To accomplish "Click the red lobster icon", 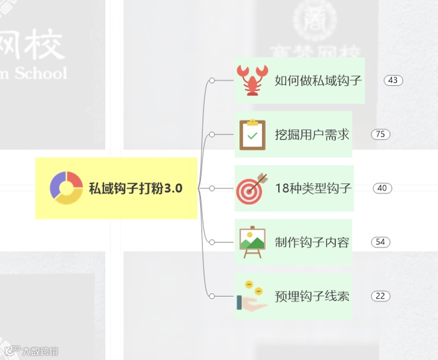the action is [x=253, y=80].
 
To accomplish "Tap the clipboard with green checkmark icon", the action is [x=252, y=134].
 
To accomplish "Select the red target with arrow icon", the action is [x=252, y=188].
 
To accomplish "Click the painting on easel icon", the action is [x=252, y=242].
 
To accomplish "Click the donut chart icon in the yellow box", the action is [x=66, y=188].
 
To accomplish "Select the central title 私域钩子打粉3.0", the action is [x=136, y=188].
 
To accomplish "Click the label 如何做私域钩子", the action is [x=318, y=80].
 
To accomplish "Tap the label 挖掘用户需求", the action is [x=312, y=134].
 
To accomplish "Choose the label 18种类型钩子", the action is [x=313, y=188].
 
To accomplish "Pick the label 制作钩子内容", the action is [x=312, y=242].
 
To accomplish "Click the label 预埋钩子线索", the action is [x=312, y=296].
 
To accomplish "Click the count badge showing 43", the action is [x=393, y=80].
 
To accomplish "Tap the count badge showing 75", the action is [x=380, y=134].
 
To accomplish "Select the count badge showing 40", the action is [x=382, y=188].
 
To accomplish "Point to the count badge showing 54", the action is [x=380, y=242].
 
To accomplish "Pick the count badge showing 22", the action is [x=380, y=296].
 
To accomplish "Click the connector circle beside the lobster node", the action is [x=212, y=80].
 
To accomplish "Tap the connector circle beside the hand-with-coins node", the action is [x=212, y=296].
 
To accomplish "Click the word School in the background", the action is [x=40, y=73].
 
